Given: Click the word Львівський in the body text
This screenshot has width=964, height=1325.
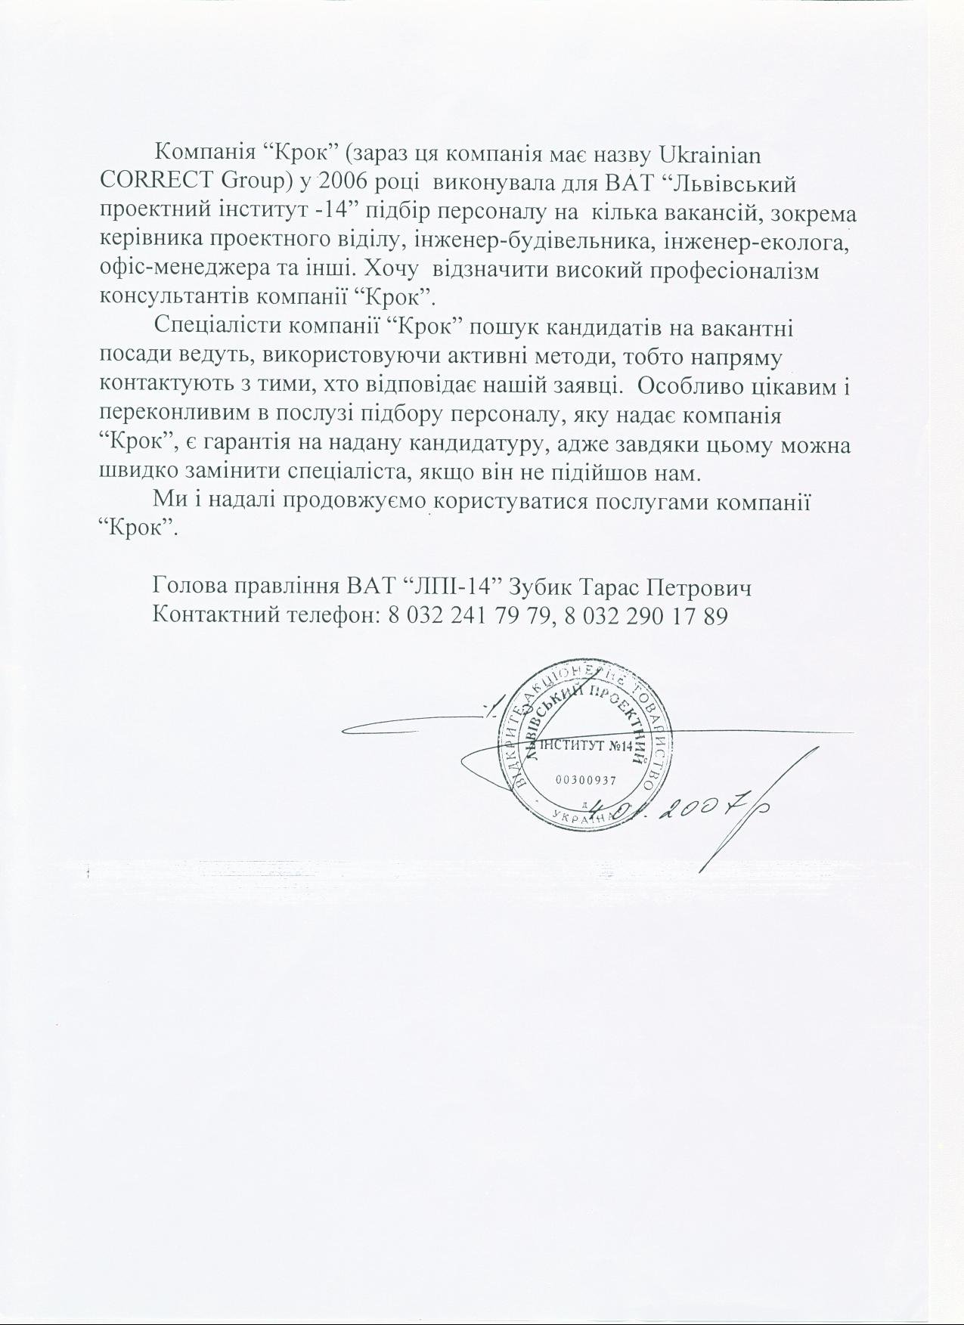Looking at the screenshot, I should (x=734, y=183).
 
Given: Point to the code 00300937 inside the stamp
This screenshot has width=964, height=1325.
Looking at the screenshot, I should (x=587, y=780).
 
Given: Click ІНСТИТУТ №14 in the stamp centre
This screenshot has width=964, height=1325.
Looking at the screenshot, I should (x=587, y=747).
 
